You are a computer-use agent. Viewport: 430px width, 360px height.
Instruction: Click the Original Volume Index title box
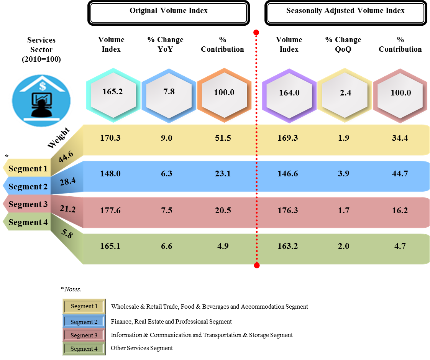[x=169, y=12]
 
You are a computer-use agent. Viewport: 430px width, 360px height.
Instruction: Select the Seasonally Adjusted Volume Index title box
[x=345, y=12]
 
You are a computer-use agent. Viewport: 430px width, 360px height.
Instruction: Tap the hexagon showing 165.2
[x=113, y=92]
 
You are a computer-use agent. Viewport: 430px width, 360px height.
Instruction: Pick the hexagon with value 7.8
[x=169, y=92]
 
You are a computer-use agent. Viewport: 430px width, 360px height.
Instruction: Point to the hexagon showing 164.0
[x=289, y=93]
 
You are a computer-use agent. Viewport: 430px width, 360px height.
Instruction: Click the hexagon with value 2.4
[x=345, y=93]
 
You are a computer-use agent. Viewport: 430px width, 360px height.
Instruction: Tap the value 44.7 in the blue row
[x=400, y=174]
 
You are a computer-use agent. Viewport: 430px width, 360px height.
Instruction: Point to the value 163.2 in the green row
[x=289, y=246]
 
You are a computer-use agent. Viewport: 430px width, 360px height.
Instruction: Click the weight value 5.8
[x=67, y=234]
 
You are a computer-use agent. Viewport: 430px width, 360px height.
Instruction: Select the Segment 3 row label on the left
[x=28, y=204]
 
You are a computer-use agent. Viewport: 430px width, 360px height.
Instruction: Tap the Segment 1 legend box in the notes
[x=84, y=306]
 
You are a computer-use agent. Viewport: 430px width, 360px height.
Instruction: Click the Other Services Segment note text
[x=141, y=348]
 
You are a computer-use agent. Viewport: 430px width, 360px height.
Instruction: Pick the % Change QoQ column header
[x=343, y=40]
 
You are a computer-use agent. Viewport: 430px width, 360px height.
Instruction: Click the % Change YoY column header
[x=165, y=40]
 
